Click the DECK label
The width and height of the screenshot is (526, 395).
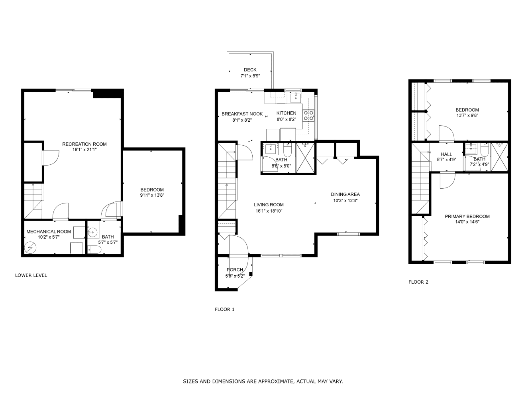click(x=250, y=70)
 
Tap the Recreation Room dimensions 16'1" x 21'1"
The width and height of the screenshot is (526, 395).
click(x=84, y=150)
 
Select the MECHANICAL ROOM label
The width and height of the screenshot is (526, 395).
click(x=49, y=231)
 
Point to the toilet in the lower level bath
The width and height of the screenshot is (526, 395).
click(x=94, y=250)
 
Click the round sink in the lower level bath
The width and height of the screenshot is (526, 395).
click(x=92, y=232)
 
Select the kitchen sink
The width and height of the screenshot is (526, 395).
click(x=296, y=98)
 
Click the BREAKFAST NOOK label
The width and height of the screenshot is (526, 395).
click(x=242, y=114)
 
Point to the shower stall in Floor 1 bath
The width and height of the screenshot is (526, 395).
click(x=305, y=158)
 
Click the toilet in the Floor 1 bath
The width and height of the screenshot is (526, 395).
click(x=287, y=150)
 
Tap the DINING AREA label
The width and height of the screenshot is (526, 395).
click(x=345, y=194)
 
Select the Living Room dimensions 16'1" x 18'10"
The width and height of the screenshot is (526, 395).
click(x=269, y=211)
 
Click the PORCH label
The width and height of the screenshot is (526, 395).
click(x=235, y=270)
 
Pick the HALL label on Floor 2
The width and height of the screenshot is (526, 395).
click(x=446, y=154)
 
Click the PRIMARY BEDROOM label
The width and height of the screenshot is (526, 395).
click(x=467, y=216)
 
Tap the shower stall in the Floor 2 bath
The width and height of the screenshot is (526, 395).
click(x=499, y=157)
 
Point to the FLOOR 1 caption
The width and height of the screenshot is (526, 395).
click(x=224, y=309)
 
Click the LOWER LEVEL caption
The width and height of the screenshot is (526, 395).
click(x=31, y=275)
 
